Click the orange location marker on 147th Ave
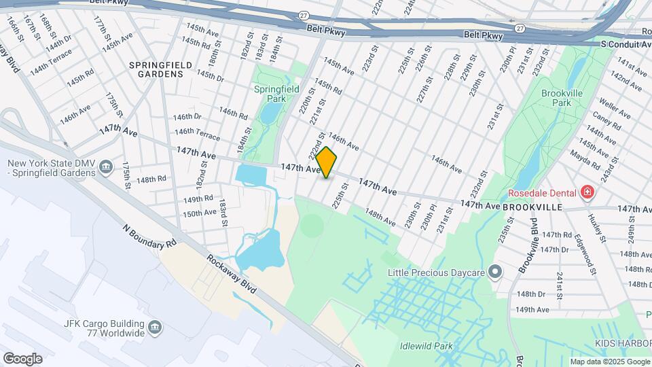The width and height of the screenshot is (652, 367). point(326,162)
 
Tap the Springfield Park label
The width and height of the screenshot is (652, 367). point(270,94)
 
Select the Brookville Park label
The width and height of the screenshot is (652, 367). point(563,98)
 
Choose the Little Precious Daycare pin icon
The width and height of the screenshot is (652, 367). point(496,273)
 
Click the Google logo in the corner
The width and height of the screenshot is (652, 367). point(22,358)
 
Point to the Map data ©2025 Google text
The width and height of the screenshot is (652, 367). point(610,362)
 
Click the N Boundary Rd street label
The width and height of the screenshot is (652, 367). point(149,235)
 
